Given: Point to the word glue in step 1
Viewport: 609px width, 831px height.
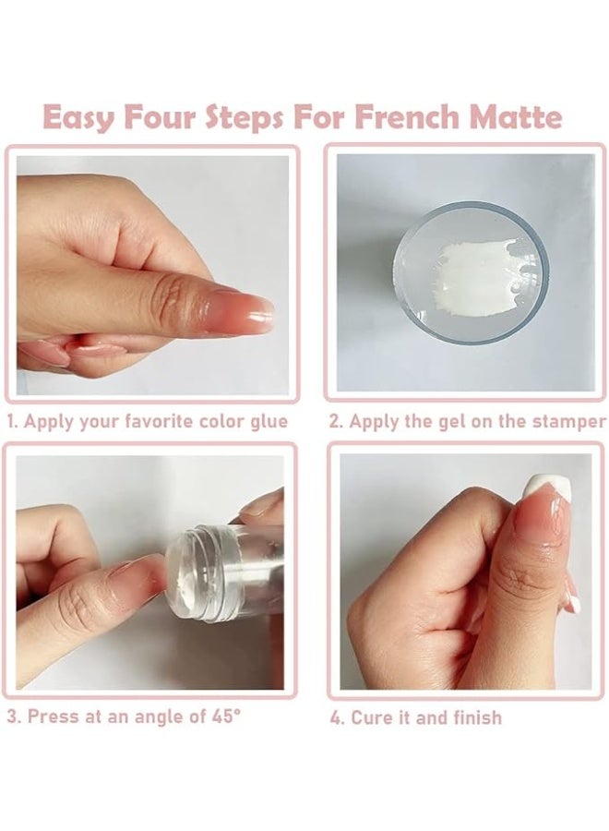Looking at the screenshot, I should click(x=267, y=422).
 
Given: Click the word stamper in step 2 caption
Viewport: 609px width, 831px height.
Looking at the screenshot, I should click(x=570, y=422).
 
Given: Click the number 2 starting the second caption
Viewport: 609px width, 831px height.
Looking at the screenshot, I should click(x=335, y=422).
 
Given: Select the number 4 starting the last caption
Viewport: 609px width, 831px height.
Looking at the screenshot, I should click(x=335, y=717).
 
